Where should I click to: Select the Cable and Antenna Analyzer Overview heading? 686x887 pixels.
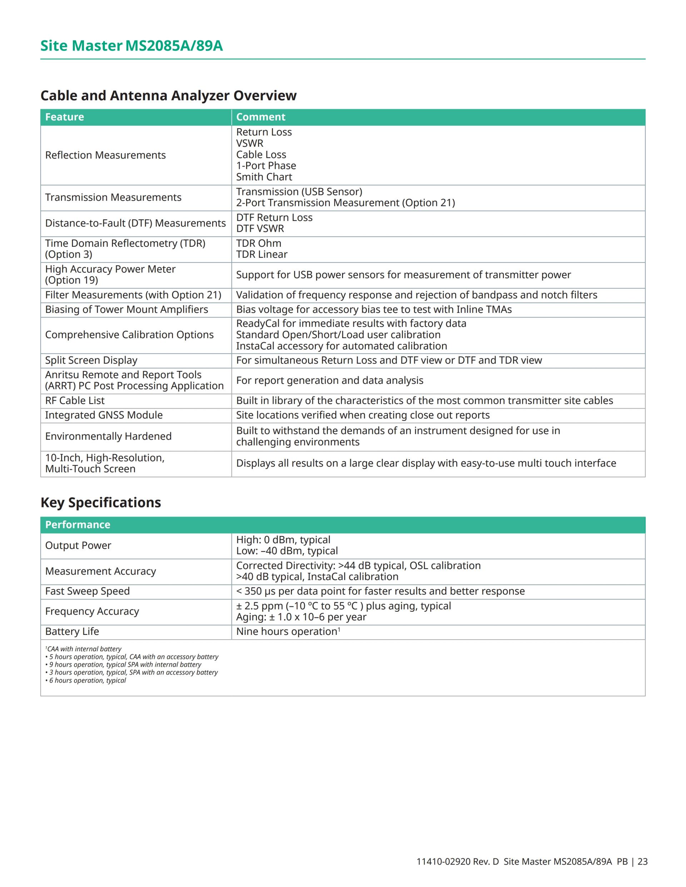tap(168, 95)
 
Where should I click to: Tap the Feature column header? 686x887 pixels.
tap(65, 117)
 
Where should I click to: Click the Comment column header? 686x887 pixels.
tap(260, 117)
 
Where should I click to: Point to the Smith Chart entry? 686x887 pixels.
tap(264, 177)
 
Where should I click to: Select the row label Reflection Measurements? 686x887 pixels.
tap(105, 155)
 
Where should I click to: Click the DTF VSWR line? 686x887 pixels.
tap(260, 229)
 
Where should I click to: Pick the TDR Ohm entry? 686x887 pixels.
tap(258, 243)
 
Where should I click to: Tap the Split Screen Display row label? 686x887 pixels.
tap(91, 360)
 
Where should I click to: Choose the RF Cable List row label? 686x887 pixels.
tap(75, 400)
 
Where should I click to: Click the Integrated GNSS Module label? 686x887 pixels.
tap(104, 415)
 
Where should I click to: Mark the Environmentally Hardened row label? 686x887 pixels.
tap(108, 436)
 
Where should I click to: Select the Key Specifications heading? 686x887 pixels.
tap(101, 502)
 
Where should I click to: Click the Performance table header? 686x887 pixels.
tap(78, 525)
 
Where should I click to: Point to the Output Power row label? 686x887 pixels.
tap(78, 545)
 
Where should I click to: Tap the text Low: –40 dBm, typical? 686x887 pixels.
tap(287, 551)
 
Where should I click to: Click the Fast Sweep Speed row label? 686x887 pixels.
tap(88, 591)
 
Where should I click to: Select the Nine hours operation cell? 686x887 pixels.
tap(288, 632)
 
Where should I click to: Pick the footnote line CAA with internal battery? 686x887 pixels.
tap(84, 649)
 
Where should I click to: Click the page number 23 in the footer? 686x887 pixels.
tap(642, 861)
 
